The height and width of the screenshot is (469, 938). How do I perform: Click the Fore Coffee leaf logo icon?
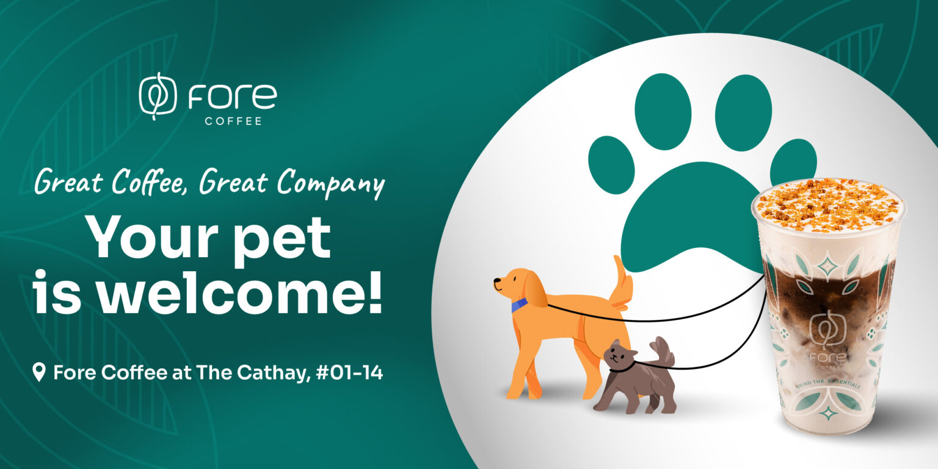[x=158, y=96]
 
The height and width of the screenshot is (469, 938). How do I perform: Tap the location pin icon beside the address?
[x=40, y=371]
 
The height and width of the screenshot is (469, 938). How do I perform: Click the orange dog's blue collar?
[x=519, y=305]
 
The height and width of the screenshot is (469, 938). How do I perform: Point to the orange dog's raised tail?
[x=621, y=282]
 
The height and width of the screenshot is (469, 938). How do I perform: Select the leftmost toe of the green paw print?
[x=611, y=165]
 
